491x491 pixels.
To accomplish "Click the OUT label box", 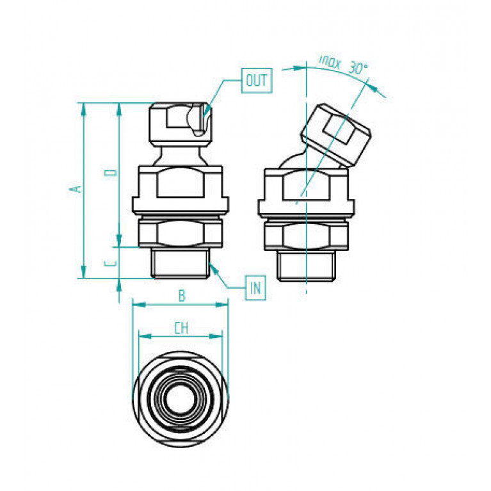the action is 257,81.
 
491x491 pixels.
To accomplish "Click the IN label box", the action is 255,288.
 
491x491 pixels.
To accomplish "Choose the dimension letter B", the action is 182,296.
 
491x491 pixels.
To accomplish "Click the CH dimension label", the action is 181,328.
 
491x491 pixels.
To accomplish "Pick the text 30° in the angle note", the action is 358,68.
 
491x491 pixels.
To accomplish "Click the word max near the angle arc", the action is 330,62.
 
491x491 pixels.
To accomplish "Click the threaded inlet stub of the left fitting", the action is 180,262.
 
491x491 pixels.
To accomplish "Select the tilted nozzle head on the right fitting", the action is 336,134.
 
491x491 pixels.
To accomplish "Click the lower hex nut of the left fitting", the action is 181,233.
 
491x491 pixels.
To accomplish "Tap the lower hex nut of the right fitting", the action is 306,236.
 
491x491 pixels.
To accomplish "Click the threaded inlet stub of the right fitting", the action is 306,266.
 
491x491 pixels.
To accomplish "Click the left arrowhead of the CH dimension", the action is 145,336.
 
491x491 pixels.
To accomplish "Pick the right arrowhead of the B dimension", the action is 221,304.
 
